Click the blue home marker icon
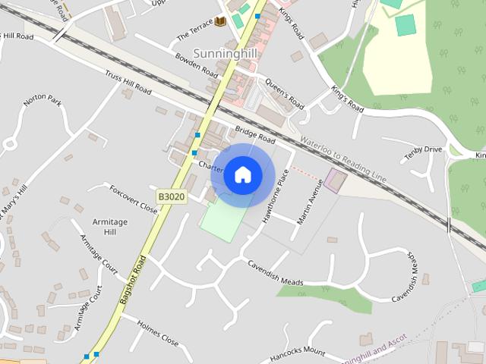coord(242,175)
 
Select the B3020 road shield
coord(172,196)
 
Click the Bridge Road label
coord(254,135)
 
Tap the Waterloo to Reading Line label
coord(343,160)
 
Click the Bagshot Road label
coord(134,279)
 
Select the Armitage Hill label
coord(110,226)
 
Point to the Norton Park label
coord(42,99)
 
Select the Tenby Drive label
coord(423,150)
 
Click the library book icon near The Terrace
coord(220,21)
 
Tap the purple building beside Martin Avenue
coord(335,180)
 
